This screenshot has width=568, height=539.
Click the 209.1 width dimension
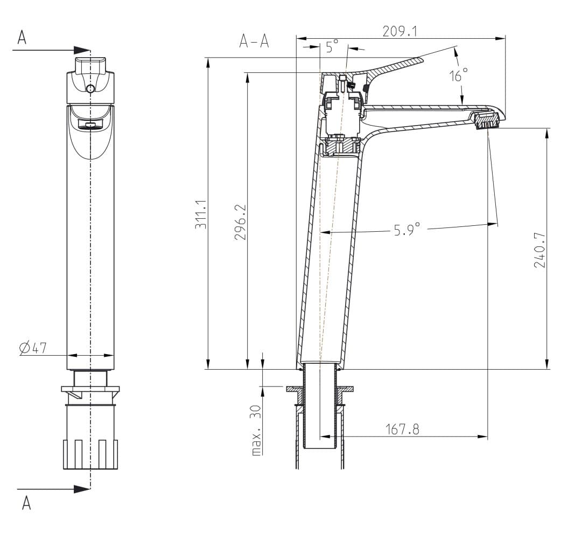400,32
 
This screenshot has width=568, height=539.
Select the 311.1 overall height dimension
201,214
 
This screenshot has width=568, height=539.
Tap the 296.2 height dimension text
240,222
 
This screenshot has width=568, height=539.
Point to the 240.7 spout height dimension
540,250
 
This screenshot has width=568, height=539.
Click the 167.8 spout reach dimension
402,429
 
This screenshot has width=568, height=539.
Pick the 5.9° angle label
407,229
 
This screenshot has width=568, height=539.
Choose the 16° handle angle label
458,75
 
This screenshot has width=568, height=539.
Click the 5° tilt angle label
332,46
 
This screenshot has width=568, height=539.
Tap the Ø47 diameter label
33,348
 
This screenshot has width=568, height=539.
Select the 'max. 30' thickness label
256,430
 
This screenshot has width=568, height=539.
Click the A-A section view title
254,42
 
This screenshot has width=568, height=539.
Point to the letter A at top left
22,37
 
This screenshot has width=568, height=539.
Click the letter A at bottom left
26,503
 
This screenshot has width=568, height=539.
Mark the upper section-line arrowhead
82,50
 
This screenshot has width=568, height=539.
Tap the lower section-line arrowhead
82,489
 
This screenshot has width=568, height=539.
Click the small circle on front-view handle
90,88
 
